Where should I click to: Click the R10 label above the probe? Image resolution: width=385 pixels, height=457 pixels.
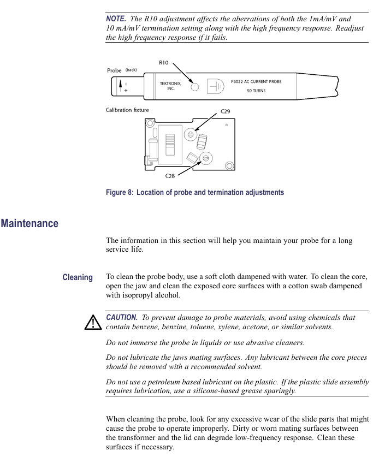164,62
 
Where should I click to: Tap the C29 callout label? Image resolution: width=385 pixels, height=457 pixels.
226,111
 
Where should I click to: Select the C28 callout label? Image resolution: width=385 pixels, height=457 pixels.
170,176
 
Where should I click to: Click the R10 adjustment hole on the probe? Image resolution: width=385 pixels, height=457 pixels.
194,87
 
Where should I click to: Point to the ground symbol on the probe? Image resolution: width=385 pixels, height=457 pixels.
216,87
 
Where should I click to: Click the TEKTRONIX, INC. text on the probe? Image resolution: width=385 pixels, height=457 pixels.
170,86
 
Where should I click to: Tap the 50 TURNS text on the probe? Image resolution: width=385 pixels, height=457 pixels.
256,91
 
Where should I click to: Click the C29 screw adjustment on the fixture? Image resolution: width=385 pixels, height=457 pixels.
191,133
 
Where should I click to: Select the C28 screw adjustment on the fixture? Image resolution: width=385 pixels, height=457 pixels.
206,158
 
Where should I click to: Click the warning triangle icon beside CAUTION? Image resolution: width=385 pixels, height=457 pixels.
93,323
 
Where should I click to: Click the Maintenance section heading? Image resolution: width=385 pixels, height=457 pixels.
29,223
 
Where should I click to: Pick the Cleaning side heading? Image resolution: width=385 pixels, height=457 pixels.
78,277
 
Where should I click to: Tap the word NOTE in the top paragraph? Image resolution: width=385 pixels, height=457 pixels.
115,19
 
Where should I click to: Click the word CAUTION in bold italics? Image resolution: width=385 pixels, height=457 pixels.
122,317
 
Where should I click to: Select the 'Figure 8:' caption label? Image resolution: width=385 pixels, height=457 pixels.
120,192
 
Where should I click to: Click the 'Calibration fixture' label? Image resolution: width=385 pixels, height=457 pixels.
127,110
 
